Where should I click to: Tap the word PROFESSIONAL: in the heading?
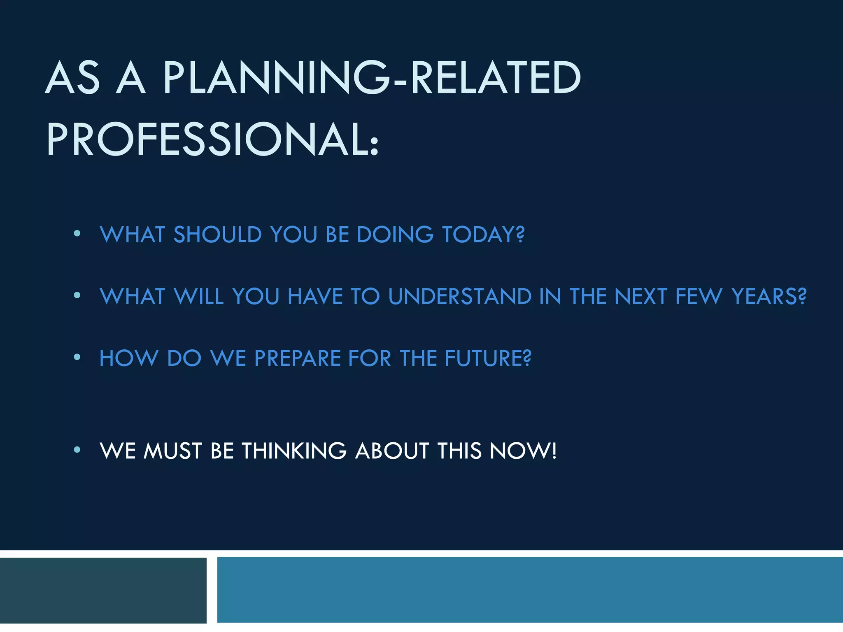(212, 139)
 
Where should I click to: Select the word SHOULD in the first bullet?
(218, 235)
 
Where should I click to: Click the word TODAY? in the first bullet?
(483, 235)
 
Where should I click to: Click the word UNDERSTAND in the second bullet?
(460, 296)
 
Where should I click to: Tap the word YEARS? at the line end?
(769, 296)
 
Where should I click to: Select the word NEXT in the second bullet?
(640, 296)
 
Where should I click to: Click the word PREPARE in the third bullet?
(298, 358)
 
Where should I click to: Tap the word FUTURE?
(488, 358)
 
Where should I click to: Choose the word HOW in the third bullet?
(129, 358)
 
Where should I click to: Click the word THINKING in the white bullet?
(294, 451)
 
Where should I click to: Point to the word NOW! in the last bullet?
(523, 451)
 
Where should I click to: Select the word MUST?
(172, 451)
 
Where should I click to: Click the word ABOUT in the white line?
(392, 451)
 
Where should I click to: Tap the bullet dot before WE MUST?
(77, 449)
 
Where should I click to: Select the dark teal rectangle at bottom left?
(103, 590)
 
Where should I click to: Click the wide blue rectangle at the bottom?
(530, 590)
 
